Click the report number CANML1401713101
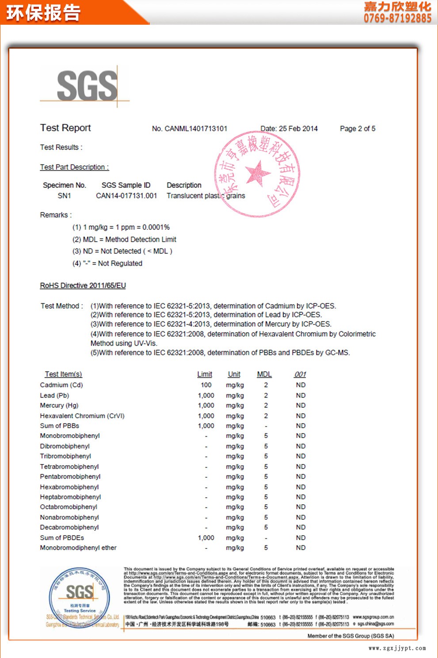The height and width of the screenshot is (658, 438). pos(196,129)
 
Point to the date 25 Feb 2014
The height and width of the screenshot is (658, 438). pos(298,129)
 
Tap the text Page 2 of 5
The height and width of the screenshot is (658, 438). pos(358,129)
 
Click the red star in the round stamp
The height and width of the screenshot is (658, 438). pos(258,173)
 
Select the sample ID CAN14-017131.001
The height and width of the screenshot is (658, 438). pos(126,196)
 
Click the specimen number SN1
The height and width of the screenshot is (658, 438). pos(64,196)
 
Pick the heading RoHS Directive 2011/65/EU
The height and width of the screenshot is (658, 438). pos(83,285)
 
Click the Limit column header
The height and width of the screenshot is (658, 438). pos(205,374)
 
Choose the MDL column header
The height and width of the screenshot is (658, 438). pos(264,374)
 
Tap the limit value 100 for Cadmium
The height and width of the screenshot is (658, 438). pos(206,385)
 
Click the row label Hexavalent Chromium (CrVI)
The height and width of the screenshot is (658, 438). pos(82,416)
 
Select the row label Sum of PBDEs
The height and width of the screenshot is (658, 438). pos(62,538)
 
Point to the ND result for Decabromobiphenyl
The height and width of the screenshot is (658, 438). pos(301,527)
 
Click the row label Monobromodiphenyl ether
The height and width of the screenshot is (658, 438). pos(78,548)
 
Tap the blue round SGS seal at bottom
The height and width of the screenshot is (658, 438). pos(80,597)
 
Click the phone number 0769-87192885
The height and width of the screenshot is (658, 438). pos(397,18)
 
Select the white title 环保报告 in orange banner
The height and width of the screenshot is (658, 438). pos(43,13)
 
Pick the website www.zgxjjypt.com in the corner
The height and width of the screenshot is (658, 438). pos(397,648)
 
